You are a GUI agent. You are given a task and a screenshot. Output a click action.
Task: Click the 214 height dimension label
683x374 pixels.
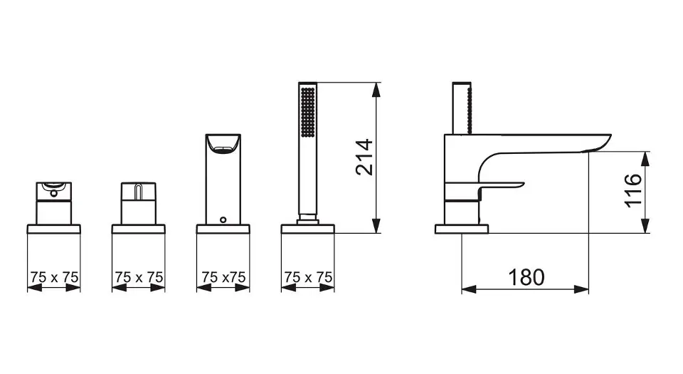click(364, 157)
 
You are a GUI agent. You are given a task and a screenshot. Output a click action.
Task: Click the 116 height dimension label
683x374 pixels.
click(633, 191)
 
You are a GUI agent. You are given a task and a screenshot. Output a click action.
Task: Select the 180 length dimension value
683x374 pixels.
click(526, 277)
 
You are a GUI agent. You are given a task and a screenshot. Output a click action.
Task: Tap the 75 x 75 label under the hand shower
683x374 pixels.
click(308, 277)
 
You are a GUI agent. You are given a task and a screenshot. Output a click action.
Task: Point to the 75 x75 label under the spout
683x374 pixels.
click(223, 277)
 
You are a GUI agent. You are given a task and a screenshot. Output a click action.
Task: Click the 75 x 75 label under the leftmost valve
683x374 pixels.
click(54, 277)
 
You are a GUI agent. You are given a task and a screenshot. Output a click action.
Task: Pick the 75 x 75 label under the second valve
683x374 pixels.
click(139, 277)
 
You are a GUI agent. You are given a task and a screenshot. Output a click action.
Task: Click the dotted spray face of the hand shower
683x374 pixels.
click(308, 113)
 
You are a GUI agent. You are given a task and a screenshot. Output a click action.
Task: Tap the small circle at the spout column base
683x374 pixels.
click(223, 219)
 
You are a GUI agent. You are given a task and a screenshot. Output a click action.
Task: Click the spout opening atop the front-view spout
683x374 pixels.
click(223, 145)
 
